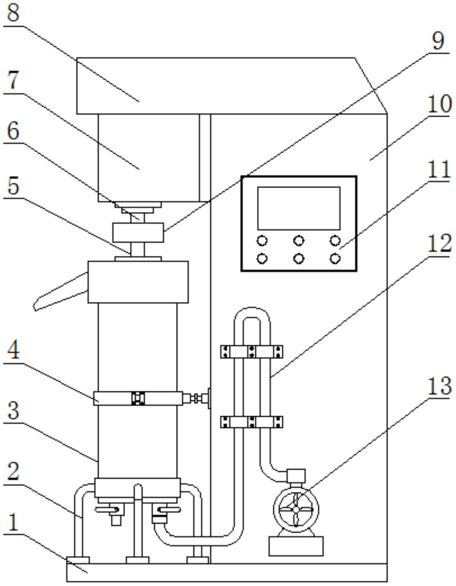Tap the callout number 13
point(439,386)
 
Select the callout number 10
point(439,104)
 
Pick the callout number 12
point(439,243)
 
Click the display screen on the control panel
point(299,208)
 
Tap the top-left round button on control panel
point(262,240)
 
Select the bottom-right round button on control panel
point(335,258)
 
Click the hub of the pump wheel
point(296,509)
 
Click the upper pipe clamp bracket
point(252,352)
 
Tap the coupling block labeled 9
point(138,233)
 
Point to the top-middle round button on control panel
point(299,240)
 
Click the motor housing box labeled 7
point(149,158)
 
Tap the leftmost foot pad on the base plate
point(78,560)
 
